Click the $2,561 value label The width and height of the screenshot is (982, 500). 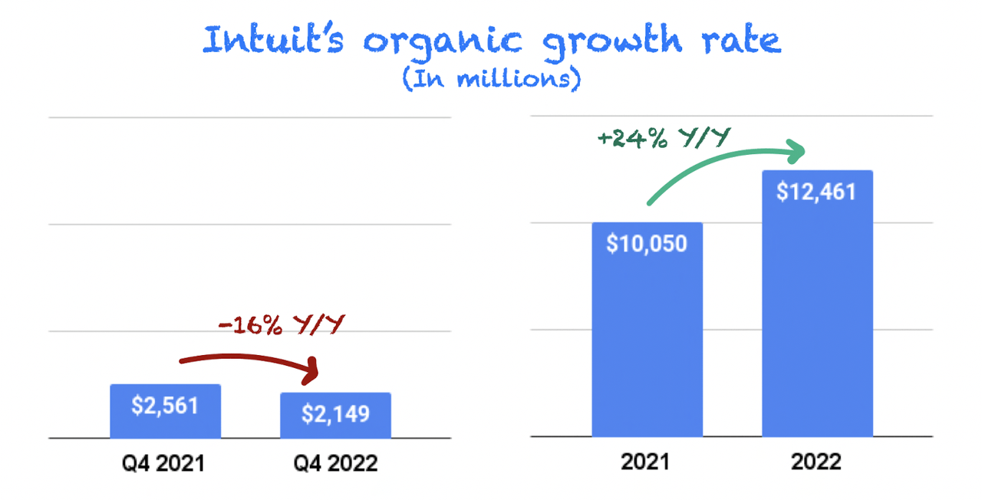165,406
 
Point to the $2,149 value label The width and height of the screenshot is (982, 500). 335,414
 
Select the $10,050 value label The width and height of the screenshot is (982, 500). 647,243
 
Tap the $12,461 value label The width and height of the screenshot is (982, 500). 816,191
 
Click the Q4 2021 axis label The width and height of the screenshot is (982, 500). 166,463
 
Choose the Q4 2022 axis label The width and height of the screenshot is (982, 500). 335,463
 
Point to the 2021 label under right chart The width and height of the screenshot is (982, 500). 646,462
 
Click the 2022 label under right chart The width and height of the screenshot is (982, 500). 817,462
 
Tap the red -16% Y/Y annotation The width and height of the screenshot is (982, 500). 279,326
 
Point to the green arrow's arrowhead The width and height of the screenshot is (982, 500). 797,152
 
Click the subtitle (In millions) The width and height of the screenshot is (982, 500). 491,80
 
